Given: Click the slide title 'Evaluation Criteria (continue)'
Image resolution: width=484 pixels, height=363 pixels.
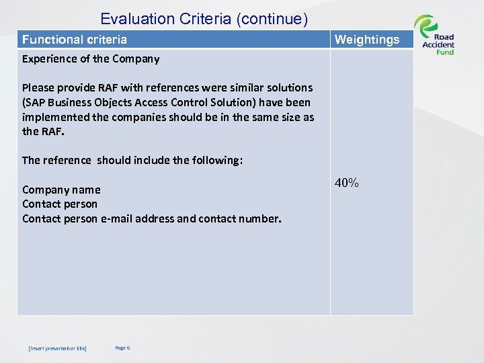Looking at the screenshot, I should (204, 19).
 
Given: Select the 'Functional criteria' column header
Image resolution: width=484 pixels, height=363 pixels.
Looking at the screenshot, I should (75, 40).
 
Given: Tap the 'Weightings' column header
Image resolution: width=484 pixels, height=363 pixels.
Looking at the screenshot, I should (366, 40).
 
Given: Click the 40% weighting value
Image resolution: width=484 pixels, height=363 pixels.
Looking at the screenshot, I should (347, 182).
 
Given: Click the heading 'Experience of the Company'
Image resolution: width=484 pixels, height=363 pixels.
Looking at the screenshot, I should (91, 58).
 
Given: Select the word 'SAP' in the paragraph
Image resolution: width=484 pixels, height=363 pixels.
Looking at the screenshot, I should (37, 102).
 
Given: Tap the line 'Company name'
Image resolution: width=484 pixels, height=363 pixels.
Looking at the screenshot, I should (61, 190).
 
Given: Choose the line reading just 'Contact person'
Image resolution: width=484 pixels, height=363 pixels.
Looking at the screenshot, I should (60, 204).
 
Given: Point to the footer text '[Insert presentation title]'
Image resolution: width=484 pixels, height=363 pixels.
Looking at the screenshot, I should (57, 348).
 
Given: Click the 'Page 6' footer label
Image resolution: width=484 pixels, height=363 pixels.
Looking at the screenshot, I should (122, 348).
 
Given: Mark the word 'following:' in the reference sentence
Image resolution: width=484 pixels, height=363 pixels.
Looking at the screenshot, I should (214, 160).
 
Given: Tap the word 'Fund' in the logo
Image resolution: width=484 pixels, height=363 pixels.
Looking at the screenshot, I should (445, 52).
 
